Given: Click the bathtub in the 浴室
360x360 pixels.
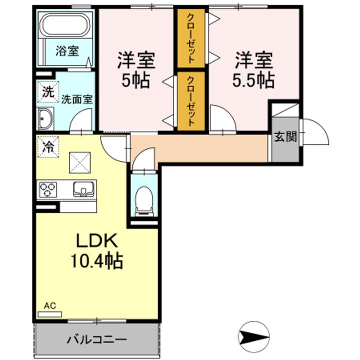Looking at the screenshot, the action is click(65, 25).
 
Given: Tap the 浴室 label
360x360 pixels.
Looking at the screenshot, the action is click(67, 50).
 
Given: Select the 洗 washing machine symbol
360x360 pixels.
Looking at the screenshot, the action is click(48, 92).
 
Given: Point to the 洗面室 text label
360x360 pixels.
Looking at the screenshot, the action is click(77, 99).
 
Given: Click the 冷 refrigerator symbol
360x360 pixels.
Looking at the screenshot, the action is click(48, 147).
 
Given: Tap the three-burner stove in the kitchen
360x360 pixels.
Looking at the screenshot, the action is click(48, 189).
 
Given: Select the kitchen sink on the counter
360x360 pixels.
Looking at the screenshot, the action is click(83, 189).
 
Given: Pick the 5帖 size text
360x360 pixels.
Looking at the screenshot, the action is click(135, 81).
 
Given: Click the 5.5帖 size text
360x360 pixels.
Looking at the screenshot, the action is click(253, 81).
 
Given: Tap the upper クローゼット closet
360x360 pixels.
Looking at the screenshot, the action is click(191, 38).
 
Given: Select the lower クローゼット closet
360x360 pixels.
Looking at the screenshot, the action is click(191, 101).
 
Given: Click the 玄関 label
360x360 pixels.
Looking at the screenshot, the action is click(285, 137).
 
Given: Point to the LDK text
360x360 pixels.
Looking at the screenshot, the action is click(97, 240).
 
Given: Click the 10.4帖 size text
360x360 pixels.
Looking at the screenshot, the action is click(97, 260).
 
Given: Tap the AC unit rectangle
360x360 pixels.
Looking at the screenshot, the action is click(50, 314).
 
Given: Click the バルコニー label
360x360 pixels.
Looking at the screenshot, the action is click(97, 339).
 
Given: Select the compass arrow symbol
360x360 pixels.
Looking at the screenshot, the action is click(253, 337).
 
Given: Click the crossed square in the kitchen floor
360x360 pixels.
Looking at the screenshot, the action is click(80, 163).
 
